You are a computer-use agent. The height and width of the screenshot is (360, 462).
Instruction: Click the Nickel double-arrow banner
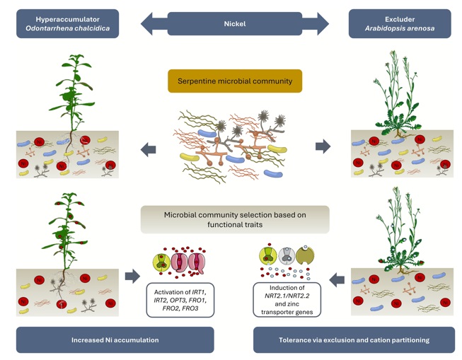(234, 23)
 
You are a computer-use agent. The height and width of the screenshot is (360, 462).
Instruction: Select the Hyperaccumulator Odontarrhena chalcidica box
(67, 23)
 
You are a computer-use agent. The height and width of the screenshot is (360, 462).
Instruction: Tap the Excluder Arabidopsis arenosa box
(400, 23)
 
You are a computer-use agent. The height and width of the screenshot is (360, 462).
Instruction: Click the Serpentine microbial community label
(235, 81)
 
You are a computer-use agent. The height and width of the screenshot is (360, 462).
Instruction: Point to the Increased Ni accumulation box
(115, 339)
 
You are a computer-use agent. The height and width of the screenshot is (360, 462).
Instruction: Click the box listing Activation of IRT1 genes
(180, 299)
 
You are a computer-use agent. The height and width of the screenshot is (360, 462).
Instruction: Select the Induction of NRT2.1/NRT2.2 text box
(288, 299)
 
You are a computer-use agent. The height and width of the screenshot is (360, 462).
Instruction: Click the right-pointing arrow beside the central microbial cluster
(323, 146)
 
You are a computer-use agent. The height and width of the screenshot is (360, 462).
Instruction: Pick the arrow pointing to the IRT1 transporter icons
(132, 276)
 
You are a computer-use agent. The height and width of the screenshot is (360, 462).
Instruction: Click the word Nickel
(234, 23)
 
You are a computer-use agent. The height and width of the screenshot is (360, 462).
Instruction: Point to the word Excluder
(400, 18)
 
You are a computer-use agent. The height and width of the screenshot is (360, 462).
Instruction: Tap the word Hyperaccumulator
(67, 18)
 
